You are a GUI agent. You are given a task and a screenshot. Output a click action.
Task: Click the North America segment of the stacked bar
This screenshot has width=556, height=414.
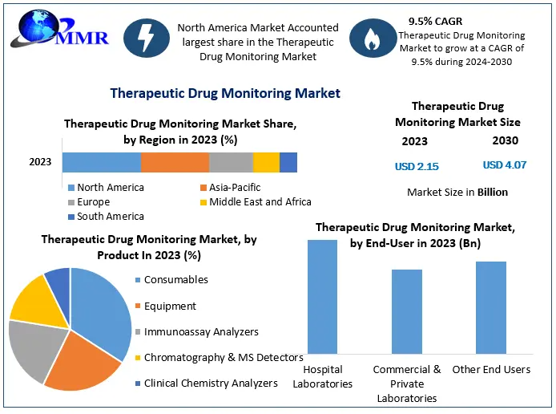pyautogui.click(x=101, y=162)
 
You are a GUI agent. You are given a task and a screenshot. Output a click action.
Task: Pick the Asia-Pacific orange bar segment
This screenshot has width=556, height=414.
pyautogui.click(x=175, y=162)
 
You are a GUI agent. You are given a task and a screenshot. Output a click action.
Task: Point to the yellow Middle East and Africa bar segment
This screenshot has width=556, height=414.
pyautogui.click(x=266, y=162)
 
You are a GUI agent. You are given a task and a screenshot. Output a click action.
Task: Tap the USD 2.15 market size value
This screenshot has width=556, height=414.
pyautogui.click(x=417, y=166)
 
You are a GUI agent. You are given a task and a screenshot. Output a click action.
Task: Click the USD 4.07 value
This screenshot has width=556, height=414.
pyautogui.click(x=505, y=165)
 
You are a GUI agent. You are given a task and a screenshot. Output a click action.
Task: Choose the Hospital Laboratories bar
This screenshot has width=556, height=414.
pyautogui.click(x=323, y=296)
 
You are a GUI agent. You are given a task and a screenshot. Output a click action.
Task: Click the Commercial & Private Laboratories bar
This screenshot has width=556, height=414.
pyautogui.click(x=407, y=311)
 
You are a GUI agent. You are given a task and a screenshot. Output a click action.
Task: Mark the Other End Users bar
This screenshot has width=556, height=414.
pyautogui.click(x=490, y=307)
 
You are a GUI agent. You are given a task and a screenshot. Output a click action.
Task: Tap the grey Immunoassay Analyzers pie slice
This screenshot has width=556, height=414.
pyautogui.click(x=36, y=350)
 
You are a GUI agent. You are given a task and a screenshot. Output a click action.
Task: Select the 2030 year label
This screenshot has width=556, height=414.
pyautogui.click(x=505, y=140)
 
